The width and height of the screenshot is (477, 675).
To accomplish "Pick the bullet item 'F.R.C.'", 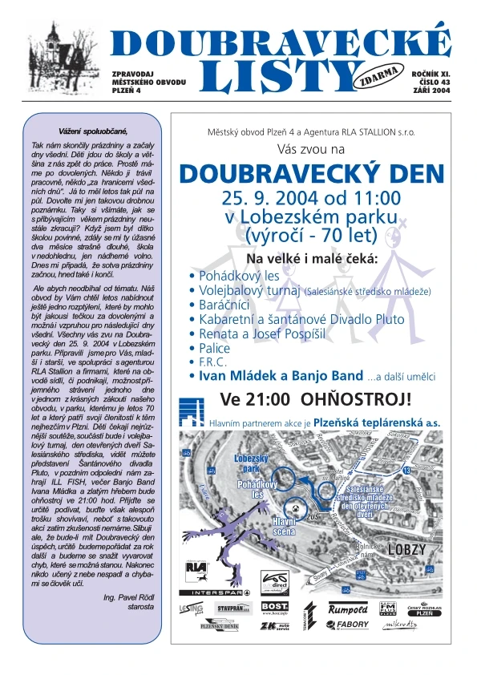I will [215, 362].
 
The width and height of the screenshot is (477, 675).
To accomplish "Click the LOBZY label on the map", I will [405, 550].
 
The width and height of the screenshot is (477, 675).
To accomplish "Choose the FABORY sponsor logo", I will [351, 624].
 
